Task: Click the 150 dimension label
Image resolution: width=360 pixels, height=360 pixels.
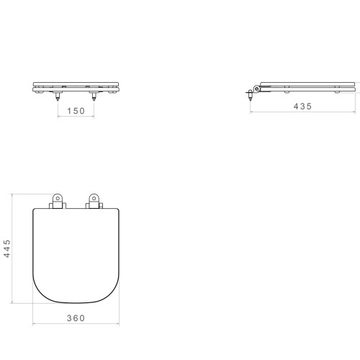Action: point(76,111)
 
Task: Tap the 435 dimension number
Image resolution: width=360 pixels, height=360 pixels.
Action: point(302,107)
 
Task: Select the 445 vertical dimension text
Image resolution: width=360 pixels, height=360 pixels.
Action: point(7,248)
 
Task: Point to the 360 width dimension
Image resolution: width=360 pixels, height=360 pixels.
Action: point(76,318)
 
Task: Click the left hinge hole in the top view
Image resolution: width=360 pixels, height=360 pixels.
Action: point(58,198)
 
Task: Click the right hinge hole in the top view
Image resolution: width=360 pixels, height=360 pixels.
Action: point(94,198)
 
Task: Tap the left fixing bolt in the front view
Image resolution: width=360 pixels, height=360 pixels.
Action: point(58,96)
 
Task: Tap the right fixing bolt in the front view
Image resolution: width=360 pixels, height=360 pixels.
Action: point(94,96)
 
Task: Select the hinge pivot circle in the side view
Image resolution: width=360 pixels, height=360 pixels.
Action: point(257,89)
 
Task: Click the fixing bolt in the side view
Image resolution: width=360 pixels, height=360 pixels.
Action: point(251,95)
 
